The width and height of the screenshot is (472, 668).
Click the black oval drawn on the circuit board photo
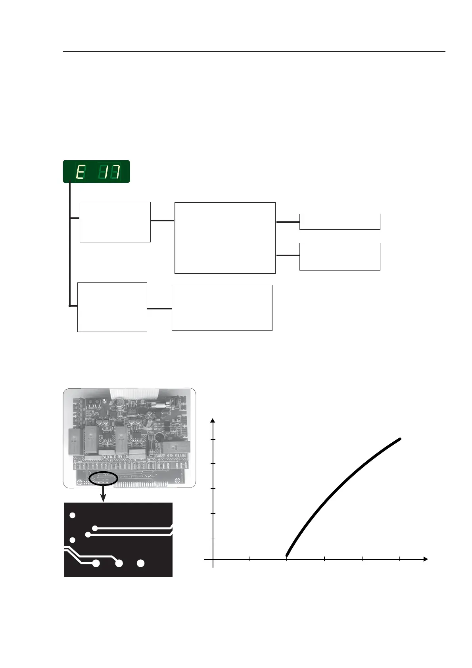(104, 478)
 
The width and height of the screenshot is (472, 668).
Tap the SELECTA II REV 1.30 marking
(116, 457)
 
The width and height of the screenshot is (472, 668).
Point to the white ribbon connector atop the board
(135, 393)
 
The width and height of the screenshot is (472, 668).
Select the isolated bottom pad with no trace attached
(140, 563)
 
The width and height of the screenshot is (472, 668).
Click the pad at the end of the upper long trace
(95, 528)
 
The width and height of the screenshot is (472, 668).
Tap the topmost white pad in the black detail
(72, 515)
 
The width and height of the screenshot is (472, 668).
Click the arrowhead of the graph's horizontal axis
(426, 559)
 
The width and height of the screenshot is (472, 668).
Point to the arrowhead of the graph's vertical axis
(213, 421)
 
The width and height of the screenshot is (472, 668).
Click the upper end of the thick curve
(400, 439)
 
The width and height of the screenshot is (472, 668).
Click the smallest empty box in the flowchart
(340, 222)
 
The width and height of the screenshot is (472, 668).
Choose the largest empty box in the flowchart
(225, 238)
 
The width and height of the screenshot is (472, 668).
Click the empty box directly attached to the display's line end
(112, 307)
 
